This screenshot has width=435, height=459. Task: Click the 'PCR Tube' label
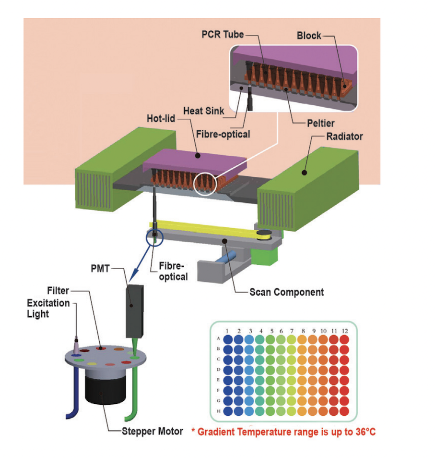point(223,34)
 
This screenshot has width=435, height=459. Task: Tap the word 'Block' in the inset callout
point(309,36)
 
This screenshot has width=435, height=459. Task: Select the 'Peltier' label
point(320,123)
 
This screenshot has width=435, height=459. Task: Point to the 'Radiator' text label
point(344,136)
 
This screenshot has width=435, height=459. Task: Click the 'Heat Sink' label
point(204,111)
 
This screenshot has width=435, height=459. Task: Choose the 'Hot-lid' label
point(161,119)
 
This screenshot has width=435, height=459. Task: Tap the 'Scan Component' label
point(287,292)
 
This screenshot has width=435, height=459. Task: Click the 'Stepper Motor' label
point(152,431)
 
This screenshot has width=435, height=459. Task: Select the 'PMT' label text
point(100,269)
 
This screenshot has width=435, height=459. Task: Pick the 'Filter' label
point(58,291)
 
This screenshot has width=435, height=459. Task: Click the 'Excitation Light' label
point(48,308)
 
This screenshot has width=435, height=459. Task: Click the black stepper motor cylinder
point(106,388)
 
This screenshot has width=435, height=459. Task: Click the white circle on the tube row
point(205,184)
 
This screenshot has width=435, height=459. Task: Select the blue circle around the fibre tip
point(154,237)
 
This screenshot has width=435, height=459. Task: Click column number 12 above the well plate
point(345,331)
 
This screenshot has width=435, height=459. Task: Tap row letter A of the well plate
point(218,339)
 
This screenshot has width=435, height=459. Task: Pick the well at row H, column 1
point(228,411)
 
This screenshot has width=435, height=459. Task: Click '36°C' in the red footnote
point(365,432)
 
